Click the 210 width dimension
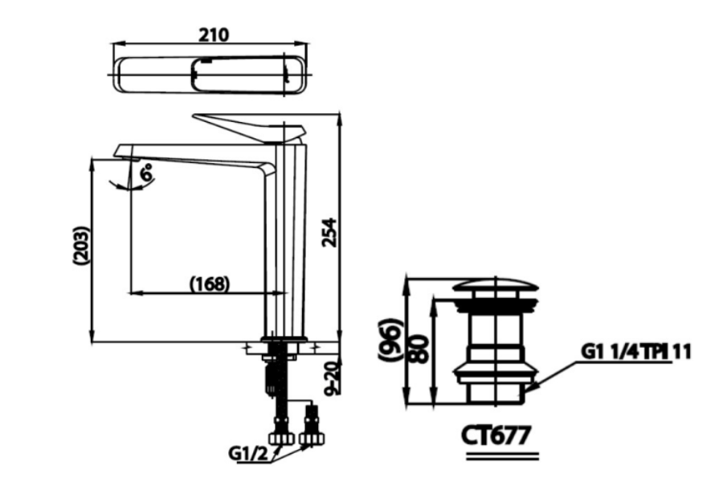tap(214, 35)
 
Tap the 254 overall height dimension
tap(330, 232)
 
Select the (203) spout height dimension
tap(80, 245)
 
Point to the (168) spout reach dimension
tap(210, 284)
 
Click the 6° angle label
tap(147, 174)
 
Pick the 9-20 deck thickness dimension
tap(331, 378)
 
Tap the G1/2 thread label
tap(247, 454)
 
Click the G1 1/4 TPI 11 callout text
tap(636, 352)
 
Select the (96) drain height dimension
tap(391, 340)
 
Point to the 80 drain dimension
tap(419, 349)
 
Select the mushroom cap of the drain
tap(496, 285)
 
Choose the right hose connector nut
tap(312, 438)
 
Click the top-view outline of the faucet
tap(210, 76)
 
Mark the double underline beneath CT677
tap(502, 456)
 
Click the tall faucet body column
tap(286, 240)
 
